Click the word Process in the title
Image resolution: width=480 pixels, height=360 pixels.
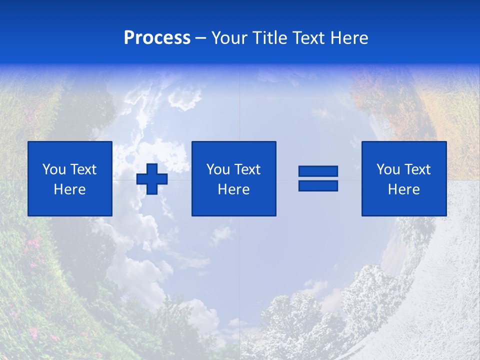point(157,38)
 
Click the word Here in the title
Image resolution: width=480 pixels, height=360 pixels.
point(349,38)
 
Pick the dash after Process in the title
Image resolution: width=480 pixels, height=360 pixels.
point(201,38)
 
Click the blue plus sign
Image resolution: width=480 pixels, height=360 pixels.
point(152,178)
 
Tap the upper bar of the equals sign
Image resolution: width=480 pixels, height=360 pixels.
point(318,171)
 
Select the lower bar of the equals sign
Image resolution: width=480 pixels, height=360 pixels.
point(318,185)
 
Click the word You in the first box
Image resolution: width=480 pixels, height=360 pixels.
point(54,169)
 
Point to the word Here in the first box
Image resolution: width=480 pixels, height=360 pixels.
point(69,189)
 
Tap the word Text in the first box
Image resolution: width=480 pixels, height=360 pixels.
point(82,169)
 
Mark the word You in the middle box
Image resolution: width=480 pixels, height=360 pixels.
point(218,169)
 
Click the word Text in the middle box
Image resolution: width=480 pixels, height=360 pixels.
point(246,169)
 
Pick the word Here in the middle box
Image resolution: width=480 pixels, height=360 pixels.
point(233,189)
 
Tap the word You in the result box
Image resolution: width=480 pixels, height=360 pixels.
point(388,169)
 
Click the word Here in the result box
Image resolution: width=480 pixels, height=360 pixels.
point(403,189)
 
